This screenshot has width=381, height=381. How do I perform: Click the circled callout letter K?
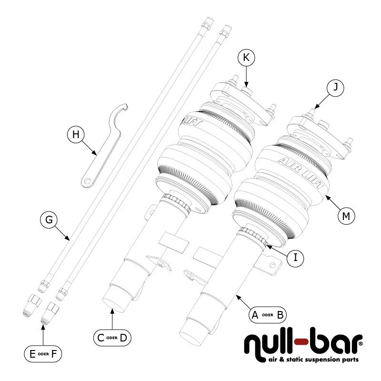[x=246, y=58]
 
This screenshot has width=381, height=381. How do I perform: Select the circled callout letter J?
[x=336, y=88]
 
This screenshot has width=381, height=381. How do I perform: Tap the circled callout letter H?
[x=75, y=135]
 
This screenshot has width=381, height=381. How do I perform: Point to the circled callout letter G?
[x=49, y=220]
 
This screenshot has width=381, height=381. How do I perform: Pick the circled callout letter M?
[x=346, y=216]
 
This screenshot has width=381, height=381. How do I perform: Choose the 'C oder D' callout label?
[x=112, y=338]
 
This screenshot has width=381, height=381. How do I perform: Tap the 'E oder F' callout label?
[x=42, y=353]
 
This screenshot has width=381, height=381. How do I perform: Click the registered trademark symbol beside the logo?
[x=360, y=342]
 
